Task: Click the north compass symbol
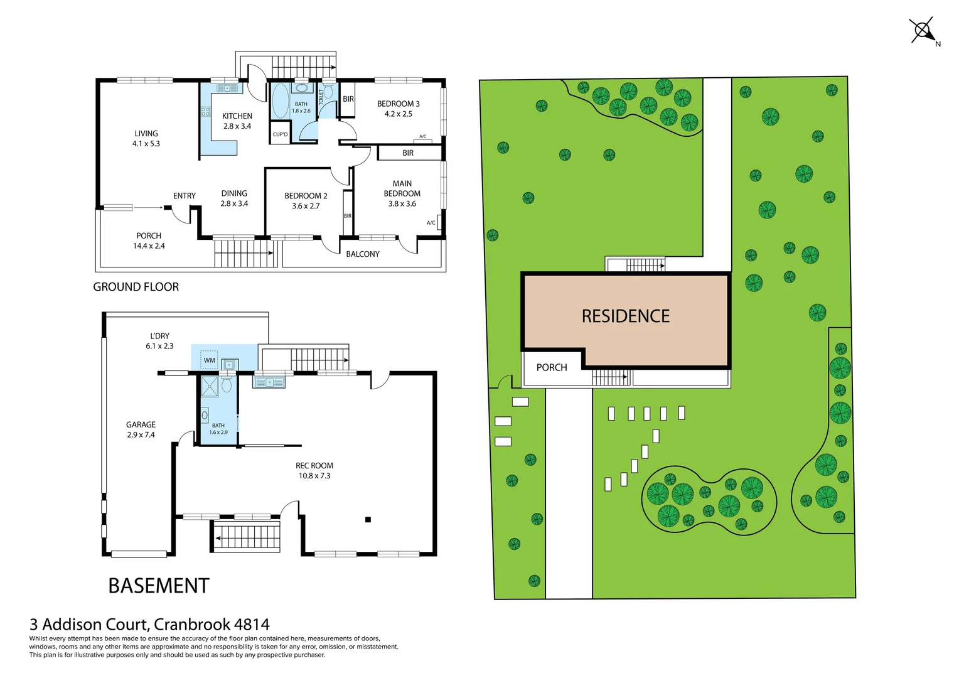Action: (923, 31)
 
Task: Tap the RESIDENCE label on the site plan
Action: (625, 316)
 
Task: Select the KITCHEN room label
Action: (237, 116)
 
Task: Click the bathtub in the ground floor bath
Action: (280, 100)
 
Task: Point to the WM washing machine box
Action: (209, 360)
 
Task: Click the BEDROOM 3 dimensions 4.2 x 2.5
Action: (399, 114)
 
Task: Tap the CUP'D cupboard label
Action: (280, 134)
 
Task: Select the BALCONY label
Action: (363, 254)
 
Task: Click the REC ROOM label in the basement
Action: (314, 466)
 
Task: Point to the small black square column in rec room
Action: (368, 519)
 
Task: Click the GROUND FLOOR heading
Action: (136, 287)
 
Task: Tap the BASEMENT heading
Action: (159, 586)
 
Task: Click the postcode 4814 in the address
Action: (252, 625)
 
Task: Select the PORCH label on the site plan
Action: (552, 368)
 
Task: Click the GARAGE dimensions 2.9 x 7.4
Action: (141, 435)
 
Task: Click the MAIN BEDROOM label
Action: (402, 188)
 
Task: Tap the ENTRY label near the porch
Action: (185, 196)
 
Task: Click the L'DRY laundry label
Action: (159, 336)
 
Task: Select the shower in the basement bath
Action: (209, 387)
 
